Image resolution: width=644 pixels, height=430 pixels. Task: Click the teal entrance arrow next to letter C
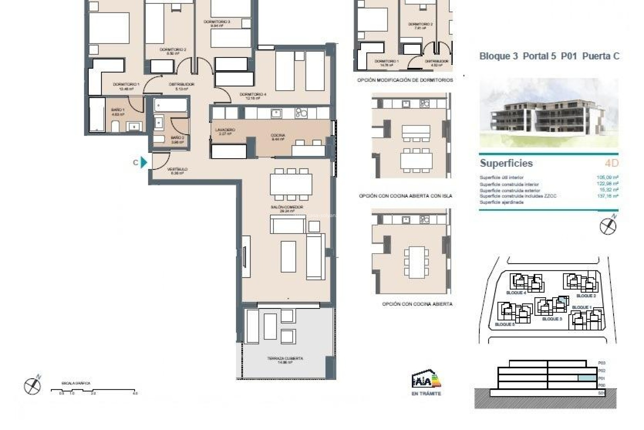click(x=144, y=162)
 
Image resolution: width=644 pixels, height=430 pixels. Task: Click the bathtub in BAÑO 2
click(x=170, y=105)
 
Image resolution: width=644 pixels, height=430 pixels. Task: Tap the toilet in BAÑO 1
click(x=115, y=127)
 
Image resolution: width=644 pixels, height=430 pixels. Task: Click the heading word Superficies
click(x=506, y=163)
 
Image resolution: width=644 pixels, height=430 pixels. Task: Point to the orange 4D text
click(x=611, y=163)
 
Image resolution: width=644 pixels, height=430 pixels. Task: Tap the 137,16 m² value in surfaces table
click(x=607, y=196)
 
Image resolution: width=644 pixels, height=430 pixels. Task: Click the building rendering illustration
click(x=548, y=113)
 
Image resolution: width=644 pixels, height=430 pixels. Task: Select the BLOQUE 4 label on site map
click(x=516, y=293)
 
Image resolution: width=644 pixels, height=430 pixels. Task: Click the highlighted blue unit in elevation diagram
click(x=587, y=378)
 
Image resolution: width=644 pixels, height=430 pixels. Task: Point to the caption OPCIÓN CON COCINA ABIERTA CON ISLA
click(x=405, y=196)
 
